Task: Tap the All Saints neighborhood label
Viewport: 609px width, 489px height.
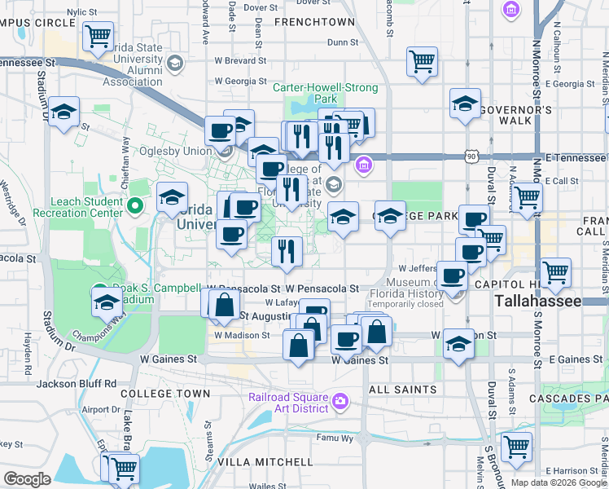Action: [403, 390]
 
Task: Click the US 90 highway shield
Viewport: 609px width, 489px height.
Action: [471, 156]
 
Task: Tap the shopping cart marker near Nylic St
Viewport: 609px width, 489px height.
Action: [98, 36]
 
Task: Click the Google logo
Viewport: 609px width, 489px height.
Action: [27, 478]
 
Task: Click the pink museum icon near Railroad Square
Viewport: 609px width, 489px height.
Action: [339, 400]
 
